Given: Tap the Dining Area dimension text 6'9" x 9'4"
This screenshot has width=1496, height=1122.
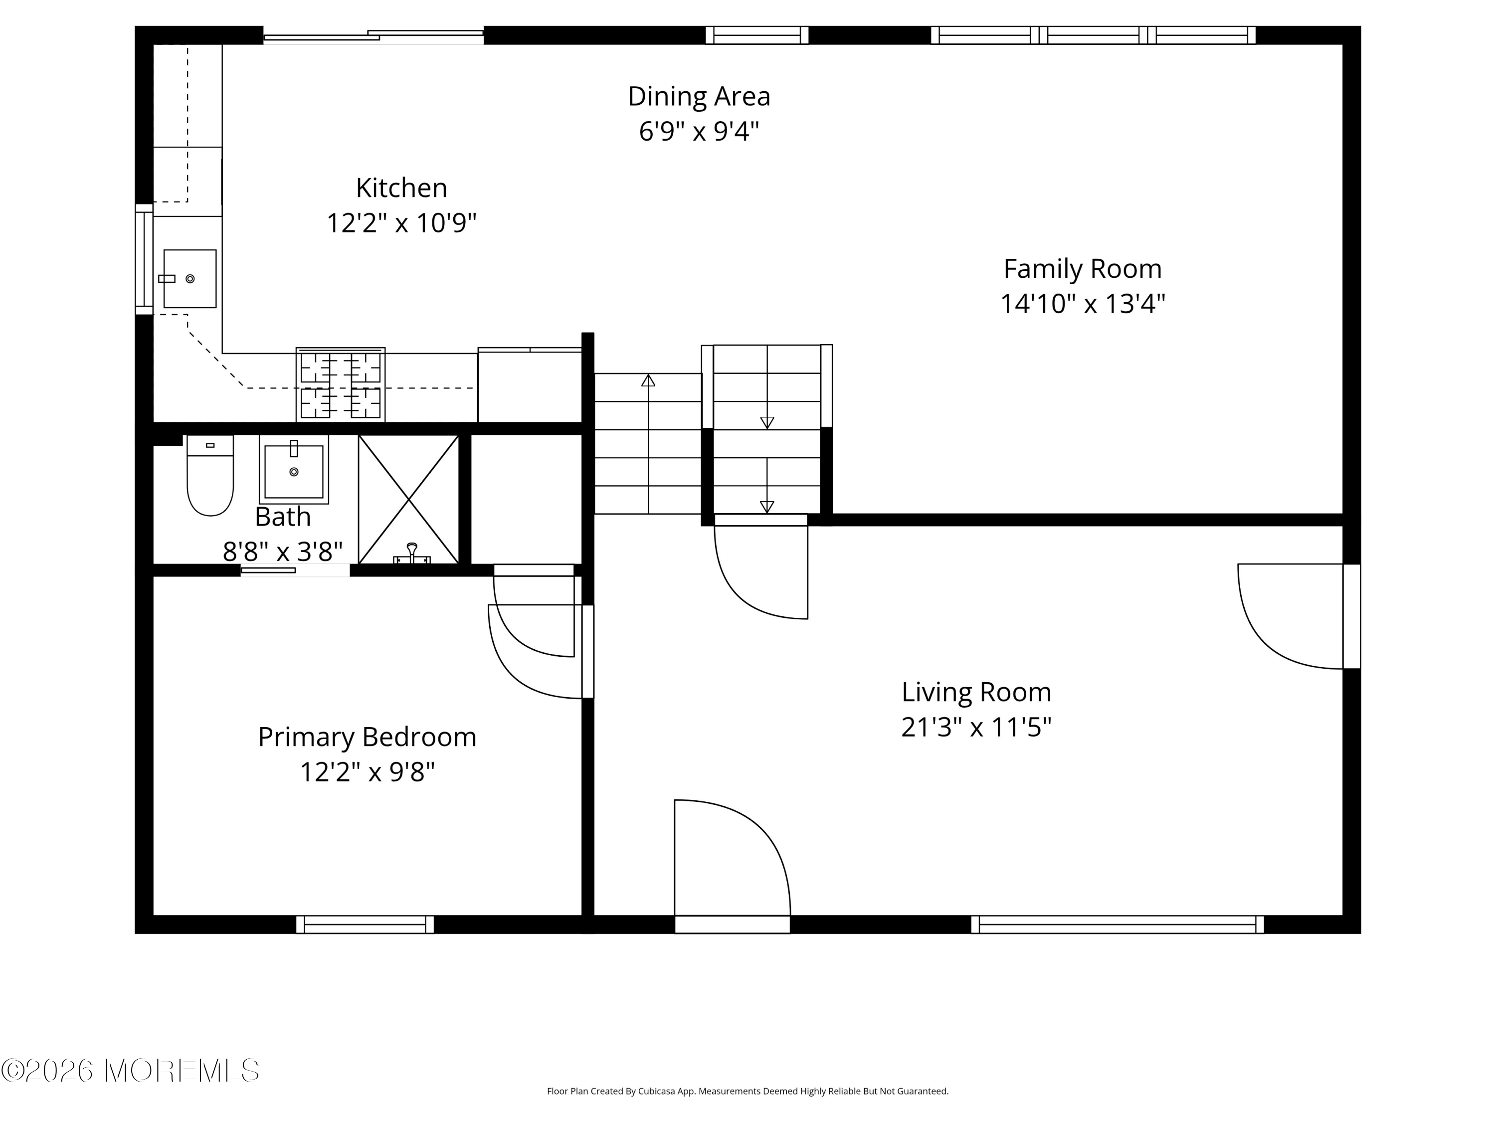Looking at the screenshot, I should coord(699,131).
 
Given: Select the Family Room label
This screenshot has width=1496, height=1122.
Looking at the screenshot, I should coord(1082,269).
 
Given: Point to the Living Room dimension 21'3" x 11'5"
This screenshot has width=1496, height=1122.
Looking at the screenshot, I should coord(976,727).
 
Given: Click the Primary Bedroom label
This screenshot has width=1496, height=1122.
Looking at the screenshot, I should coord(367,737).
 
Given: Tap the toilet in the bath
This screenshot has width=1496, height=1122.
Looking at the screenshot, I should coord(209,477).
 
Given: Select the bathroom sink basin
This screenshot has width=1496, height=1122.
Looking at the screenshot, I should coord(294,470).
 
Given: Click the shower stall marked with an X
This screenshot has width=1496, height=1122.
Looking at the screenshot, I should coord(408,500).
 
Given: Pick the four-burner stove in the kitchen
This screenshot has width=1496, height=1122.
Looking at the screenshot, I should coord(340,385).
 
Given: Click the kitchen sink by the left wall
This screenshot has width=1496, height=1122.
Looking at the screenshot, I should coord(189,279).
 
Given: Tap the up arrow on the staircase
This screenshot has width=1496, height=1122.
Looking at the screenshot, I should coord(648,381).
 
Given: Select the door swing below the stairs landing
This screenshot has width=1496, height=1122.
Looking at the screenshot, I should coord(761,571).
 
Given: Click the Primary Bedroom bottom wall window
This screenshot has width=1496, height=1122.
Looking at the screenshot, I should coord(365,925).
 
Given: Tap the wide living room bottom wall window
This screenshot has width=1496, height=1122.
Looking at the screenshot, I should coord(1117,925).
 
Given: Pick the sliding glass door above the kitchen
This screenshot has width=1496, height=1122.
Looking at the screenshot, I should coord(374,36).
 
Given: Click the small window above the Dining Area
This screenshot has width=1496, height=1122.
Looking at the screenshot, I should coord(757,35).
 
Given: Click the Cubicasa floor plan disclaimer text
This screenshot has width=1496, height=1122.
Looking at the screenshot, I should coord(748,1091).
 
